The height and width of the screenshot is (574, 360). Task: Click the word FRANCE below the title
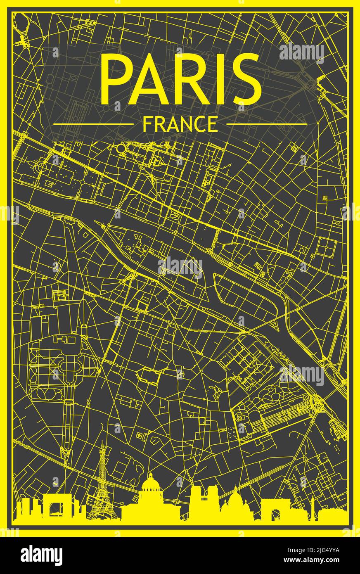(x=180, y=124)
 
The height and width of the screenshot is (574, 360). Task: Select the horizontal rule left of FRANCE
(x=94, y=124)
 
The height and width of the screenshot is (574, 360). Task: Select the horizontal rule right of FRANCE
(x=267, y=124)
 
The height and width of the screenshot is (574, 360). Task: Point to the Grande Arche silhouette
(x=52, y=506)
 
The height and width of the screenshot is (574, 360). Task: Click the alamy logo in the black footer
(x=41, y=555)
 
